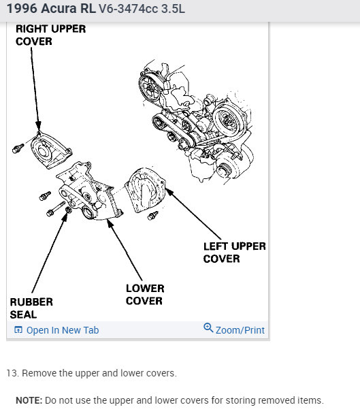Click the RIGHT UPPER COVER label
pyautogui.click(x=50, y=35)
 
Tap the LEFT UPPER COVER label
pyautogui.click(x=234, y=253)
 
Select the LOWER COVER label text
pyautogui.click(x=145, y=294)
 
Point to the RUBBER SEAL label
pyautogui.click(x=31, y=308)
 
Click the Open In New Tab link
pyautogui.click(x=63, y=330)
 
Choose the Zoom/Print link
pyautogui.click(x=240, y=330)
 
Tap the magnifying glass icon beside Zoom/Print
pyautogui.click(x=208, y=327)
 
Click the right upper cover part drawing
pyautogui.click(x=50, y=150)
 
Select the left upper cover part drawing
pyautogui.click(x=145, y=190)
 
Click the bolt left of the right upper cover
pyautogui.click(x=18, y=148)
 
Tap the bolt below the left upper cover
pyautogui.click(x=153, y=215)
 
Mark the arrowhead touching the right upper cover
pyautogui.click(x=38, y=126)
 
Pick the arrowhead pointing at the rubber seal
pyautogui.click(x=64, y=218)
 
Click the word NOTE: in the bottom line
pyautogui.click(x=29, y=400)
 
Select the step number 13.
pyautogui.click(x=12, y=373)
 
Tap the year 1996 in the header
pyautogui.click(x=22, y=9)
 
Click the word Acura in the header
pyautogui.click(x=59, y=9)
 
